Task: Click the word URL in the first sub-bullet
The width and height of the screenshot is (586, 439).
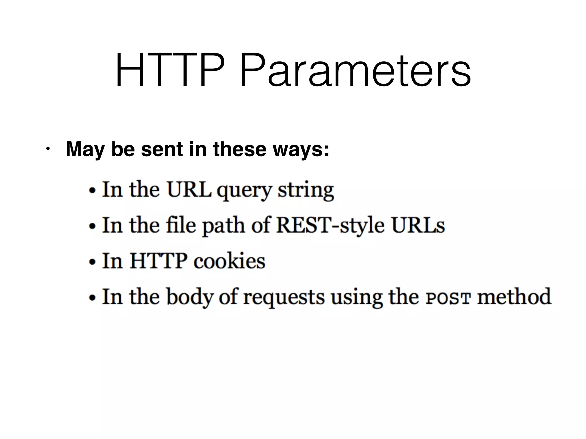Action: (x=189, y=190)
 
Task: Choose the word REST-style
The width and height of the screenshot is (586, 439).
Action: (x=330, y=226)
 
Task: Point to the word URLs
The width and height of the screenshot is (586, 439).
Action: (x=418, y=226)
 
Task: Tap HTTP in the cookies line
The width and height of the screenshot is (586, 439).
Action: (x=159, y=261)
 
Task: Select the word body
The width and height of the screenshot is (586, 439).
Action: (x=190, y=297)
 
